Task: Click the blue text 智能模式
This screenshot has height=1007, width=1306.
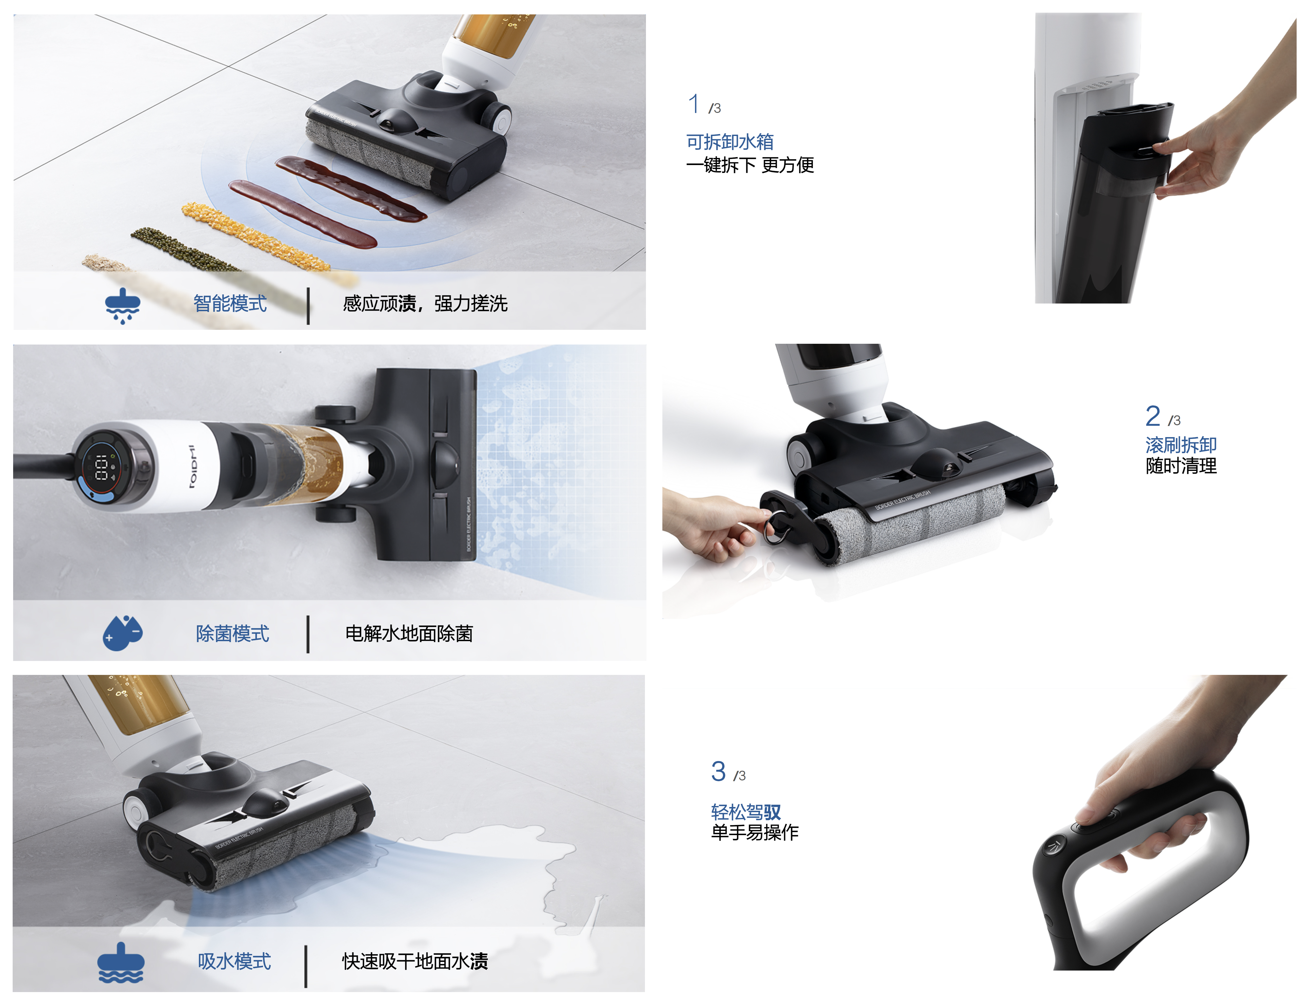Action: tap(230, 304)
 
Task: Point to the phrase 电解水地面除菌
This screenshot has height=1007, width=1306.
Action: tap(409, 633)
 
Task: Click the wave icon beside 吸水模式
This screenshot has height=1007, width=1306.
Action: tap(121, 963)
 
